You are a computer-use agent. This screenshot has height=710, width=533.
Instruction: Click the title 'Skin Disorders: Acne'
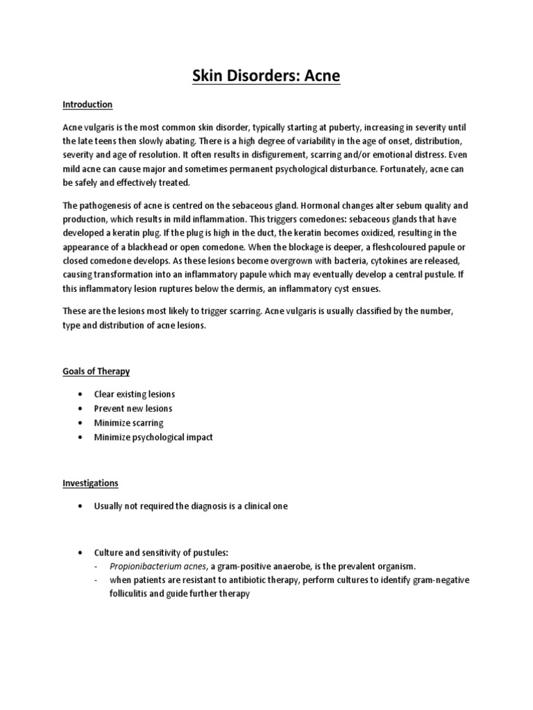[266, 76]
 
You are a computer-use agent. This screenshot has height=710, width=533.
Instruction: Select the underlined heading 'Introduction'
[87, 105]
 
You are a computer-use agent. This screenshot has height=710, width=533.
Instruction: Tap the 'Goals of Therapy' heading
[96, 371]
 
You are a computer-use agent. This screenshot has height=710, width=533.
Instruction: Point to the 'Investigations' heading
[91, 483]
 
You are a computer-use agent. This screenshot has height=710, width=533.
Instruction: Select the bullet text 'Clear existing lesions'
[135, 395]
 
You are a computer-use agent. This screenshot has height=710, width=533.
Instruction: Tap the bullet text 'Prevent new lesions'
[133, 408]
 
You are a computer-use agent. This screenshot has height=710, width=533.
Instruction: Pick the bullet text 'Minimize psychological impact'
[153, 437]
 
